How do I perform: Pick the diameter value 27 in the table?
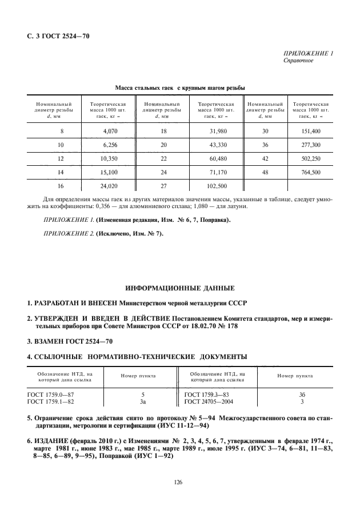click(x=163, y=185)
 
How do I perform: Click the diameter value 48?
click(x=265, y=172)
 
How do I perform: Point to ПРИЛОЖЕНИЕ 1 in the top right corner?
click(x=308, y=53)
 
